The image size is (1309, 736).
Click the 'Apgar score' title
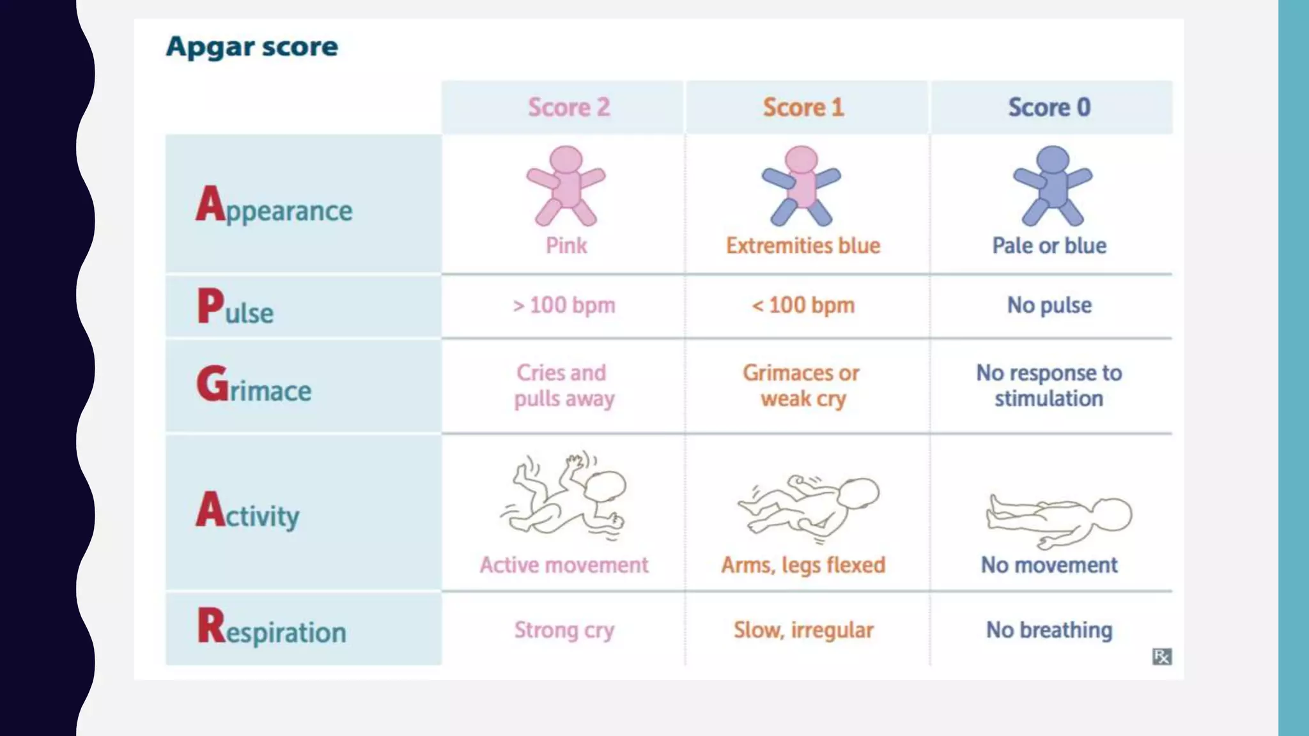[252, 47]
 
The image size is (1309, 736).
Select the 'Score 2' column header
[568, 107]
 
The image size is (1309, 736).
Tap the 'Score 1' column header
[803, 107]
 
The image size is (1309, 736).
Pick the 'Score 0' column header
[1049, 107]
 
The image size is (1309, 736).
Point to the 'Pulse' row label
[235, 307]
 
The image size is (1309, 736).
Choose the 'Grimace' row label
[254, 385]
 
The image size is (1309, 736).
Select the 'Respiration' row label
[272, 628]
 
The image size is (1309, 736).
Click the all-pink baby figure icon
[566, 186]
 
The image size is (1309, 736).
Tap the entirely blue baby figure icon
[1053, 186]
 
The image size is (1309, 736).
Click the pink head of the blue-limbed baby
[802, 159]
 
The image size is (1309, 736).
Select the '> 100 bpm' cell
[564, 305]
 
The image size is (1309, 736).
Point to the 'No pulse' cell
[1049, 305]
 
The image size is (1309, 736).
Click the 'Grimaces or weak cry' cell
[802, 385]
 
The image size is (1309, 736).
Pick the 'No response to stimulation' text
[1049, 385]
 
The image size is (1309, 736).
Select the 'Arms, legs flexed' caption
[803, 565]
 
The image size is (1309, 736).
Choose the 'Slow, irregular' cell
[803, 630]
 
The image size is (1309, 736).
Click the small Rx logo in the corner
[1161, 656]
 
